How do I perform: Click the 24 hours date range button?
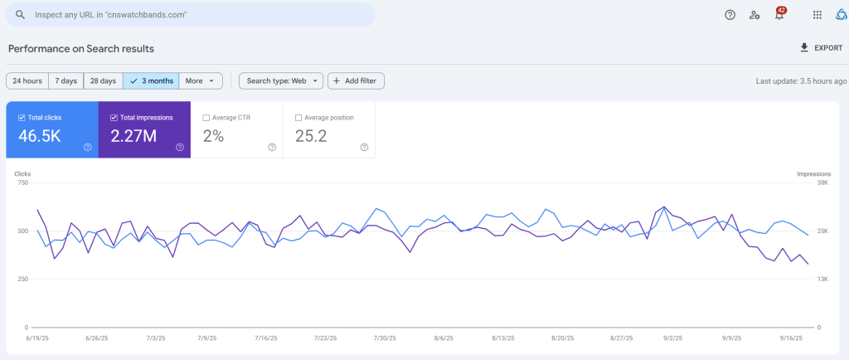[x=27, y=80]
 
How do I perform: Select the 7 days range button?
[x=66, y=80]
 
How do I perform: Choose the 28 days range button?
[x=104, y=80]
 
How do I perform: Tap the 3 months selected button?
[x=151, y=80]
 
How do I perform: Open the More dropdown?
[x=201, y=80]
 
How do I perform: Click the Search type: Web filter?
[x=281, y=80]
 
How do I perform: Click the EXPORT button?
[x=822, y=47]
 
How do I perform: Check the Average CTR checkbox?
[x=206, y=118]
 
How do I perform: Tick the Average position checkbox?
[x=298, y=118]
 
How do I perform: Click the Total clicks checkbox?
[x=22, y=118]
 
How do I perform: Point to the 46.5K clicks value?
[x=40, y=136]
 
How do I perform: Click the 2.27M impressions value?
[x=133, y=136]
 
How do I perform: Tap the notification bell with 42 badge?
[x=779, y=15]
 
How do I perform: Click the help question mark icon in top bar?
[x=730, y=15]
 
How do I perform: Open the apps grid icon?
[x=817, y=15]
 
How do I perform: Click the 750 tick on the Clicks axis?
[x=22, y=183]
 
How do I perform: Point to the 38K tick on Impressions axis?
[x=822, y=183]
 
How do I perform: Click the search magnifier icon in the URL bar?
[x=20, y=15]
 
